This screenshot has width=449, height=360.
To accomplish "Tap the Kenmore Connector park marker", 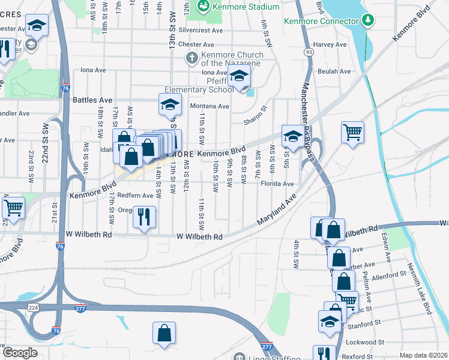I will point(368,20).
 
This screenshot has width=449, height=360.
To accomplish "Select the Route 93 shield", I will point(309,52).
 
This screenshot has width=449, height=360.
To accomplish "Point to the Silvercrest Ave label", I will point(200,30).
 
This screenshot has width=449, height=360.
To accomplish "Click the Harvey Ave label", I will point(330,44).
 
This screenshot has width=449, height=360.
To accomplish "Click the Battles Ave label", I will point(92,100).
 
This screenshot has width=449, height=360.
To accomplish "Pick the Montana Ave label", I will point(209,106).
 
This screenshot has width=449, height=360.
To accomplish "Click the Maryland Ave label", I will point(277,209).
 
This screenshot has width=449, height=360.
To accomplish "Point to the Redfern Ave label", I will point(135,196).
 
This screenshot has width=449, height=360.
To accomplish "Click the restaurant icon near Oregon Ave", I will point(144,217).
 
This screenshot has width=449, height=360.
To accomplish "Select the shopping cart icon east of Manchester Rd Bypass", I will point(352,132).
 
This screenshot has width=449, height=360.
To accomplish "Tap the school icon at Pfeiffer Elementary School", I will point(240,77).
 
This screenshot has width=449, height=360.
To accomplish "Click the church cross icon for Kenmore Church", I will point(191,58).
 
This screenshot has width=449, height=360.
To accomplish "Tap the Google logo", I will point(20,353).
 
